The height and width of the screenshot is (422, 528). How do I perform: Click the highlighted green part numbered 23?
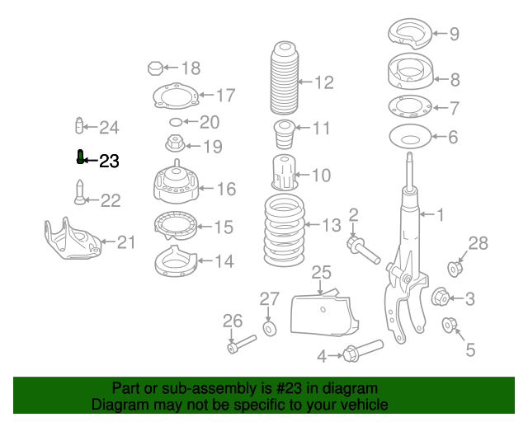(x=80, y=157)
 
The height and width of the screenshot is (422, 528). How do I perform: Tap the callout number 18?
(x=191, y=68)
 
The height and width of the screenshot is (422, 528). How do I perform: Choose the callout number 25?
(x=321, y=272)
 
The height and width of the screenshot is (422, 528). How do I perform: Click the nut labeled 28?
(x=455, y=269)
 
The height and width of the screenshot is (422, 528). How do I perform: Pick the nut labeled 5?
(x=450, y=324)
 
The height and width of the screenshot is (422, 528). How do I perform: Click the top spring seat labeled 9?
(x=411, y=35)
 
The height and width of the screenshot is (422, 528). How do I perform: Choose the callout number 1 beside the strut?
(x=440, y=216)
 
